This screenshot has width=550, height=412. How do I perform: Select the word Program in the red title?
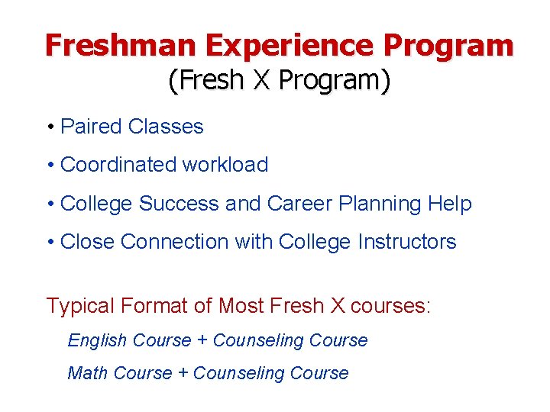pyautogui.click(x=448, y=46)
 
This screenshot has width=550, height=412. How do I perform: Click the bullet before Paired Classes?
pyautogui.click(x=50, y=127)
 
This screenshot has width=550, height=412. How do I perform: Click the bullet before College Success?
pyautogui.click(x=50, y=204)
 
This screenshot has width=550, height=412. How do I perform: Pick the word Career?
pyautogui.click(x=299, y=204)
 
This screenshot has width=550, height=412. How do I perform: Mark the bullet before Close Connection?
pyautogui.click(x=50, y=243)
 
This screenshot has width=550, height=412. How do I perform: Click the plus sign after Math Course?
pyautogui.click(x=183, y=374)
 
